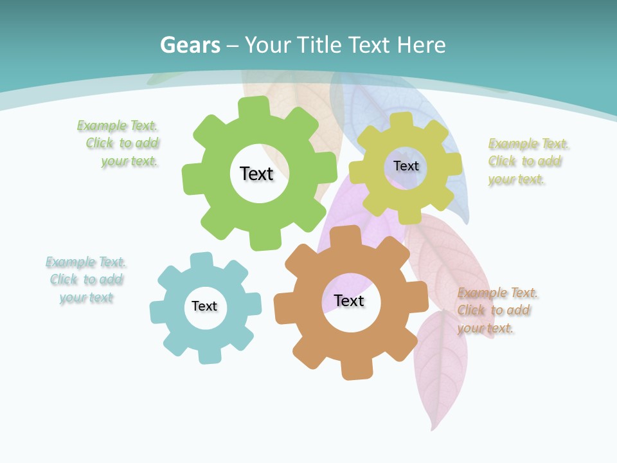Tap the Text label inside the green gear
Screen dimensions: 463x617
256,174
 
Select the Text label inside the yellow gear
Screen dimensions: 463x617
406,166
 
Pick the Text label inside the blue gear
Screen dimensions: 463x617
204,306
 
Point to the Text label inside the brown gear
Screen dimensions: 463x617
349,300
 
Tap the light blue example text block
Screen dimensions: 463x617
85,280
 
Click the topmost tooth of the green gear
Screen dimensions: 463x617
254,106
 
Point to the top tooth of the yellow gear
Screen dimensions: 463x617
402,120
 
